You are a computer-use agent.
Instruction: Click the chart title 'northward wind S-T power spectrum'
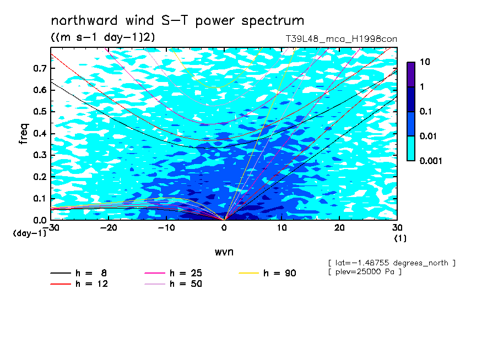[x=177, y=21]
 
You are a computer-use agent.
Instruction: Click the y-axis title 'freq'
[x=24, y=134]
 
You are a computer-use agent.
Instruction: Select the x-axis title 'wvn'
[x=224, y=252]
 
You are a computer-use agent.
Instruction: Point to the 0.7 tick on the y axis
[x=40, y=68]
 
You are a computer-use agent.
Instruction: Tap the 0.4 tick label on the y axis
[x=40, y=133]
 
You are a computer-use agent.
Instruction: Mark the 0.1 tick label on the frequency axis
[x=40, y=198]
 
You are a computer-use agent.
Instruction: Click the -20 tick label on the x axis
[x=109, y=228]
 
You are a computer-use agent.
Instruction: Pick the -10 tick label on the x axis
[x=166, y=228]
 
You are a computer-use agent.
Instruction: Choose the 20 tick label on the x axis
[x=339, y=228]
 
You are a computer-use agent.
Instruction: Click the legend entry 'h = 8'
[x=79, y=273]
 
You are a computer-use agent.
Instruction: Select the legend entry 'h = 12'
[x=79, y=284]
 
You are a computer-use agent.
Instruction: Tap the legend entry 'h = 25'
[x=174, y=273]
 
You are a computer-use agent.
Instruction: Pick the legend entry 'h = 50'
[x=174, y=284]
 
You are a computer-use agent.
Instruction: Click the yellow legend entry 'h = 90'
[x=267, y=273]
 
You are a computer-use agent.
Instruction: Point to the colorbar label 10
[x=425, y=62]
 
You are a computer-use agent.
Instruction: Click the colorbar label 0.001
[x=431, y=161]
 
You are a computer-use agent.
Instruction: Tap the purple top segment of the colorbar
[x=411, y=75]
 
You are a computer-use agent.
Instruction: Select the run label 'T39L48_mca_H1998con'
[x=342, y=39]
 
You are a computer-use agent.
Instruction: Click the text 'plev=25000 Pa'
[x=365, y=272]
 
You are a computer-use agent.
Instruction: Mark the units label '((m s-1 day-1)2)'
[x=103, y=37]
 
